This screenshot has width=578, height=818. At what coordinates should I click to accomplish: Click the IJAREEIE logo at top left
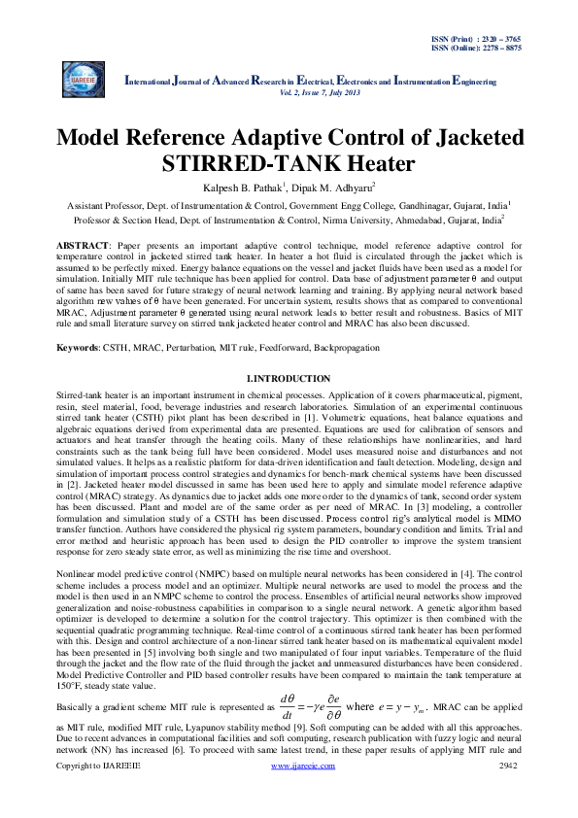click(x=84, y=75)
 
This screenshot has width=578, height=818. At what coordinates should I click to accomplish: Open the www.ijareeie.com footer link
click(x=302, y=794)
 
